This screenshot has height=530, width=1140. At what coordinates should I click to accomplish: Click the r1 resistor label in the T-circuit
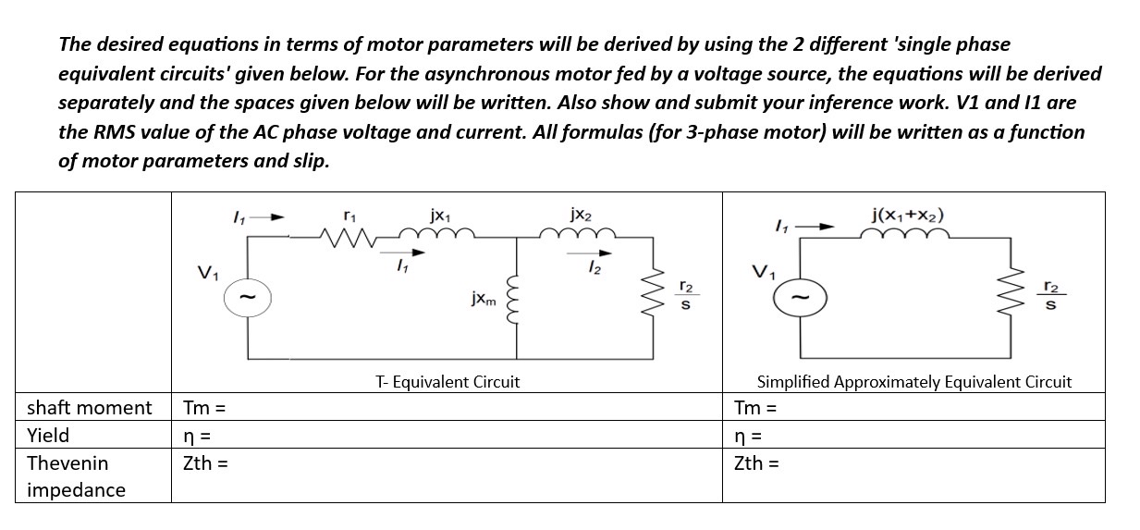[x=349, y=215]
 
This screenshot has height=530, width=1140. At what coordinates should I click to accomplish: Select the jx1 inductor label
[x=440, y=215]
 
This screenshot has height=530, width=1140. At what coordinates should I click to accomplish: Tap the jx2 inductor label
[x=583, y=216]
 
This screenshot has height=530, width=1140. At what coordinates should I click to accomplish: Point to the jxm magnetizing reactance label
[x=484, y=300]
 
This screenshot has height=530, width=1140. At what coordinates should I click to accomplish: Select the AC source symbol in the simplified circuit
[x=801, y=295]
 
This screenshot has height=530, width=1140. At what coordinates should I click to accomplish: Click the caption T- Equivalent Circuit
[x=447, y=381]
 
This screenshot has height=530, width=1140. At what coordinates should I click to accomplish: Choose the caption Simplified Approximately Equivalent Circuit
[x=913, y=381]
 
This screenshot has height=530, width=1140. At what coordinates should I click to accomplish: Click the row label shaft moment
[x=89, y=407]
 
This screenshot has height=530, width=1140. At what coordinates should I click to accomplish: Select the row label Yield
[x=48, y=435]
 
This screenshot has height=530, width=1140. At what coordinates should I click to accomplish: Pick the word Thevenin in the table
[x=67, y=462]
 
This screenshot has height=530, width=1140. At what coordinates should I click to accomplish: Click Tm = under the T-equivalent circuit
[x=204, y=407]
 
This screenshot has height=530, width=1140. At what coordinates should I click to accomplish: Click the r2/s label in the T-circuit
[x=685, y=295]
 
